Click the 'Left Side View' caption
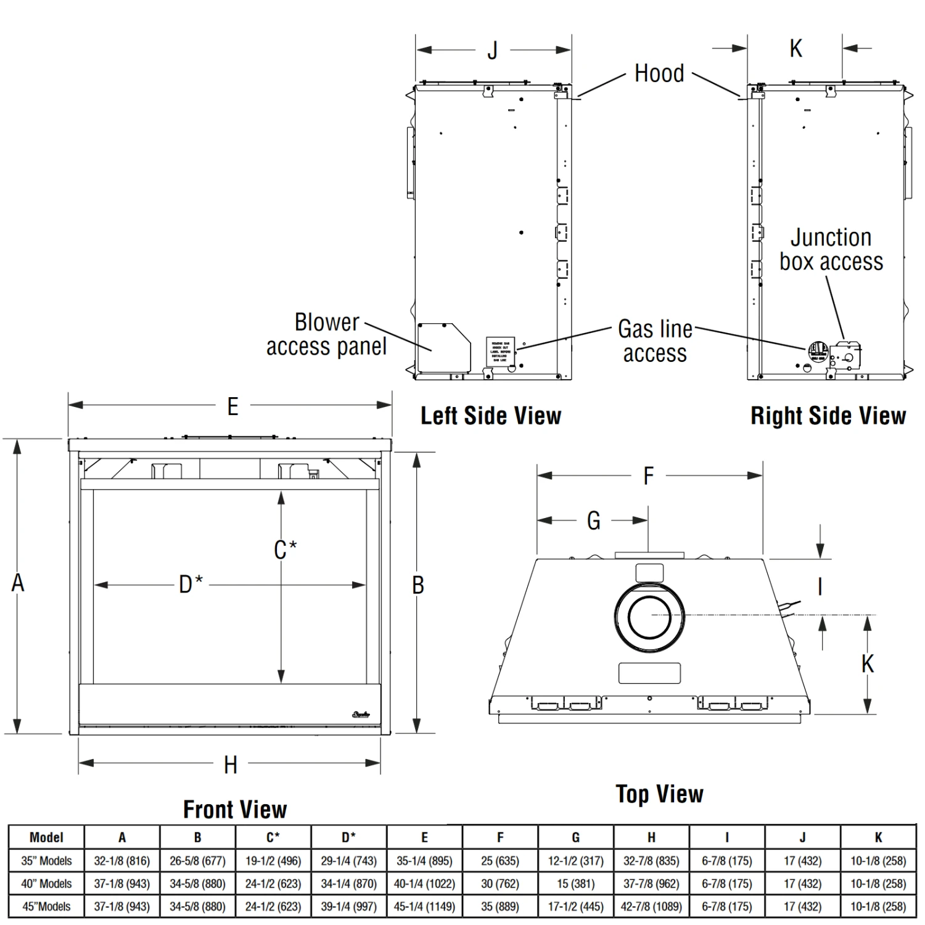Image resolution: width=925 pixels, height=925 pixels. point(491,416)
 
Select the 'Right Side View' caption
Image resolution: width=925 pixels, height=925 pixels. point(828,416)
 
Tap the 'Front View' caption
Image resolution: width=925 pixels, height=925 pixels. point(235,809)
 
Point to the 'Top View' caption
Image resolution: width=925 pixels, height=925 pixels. point(659,794)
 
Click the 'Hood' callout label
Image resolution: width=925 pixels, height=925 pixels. point(659,73)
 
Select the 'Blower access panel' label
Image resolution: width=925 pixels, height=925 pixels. point(326,334)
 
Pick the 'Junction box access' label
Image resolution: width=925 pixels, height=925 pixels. point(831,249)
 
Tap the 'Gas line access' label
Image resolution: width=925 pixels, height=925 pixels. point(655,341)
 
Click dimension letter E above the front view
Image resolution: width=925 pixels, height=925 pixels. point(232,406)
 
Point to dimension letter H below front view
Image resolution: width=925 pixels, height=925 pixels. point(230,765)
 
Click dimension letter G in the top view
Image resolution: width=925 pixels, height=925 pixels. point(593,521)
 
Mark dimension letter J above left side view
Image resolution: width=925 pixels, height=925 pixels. point(492,51)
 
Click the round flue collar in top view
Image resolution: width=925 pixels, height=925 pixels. point(649,616)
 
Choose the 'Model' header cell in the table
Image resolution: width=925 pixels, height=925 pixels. point(46,837)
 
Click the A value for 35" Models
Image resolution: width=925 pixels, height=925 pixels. point(122,861)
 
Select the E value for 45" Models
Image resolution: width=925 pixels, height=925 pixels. point(424,906)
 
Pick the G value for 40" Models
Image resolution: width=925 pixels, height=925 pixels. point(575,884)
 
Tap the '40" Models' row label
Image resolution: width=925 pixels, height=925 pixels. point(46,884)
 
